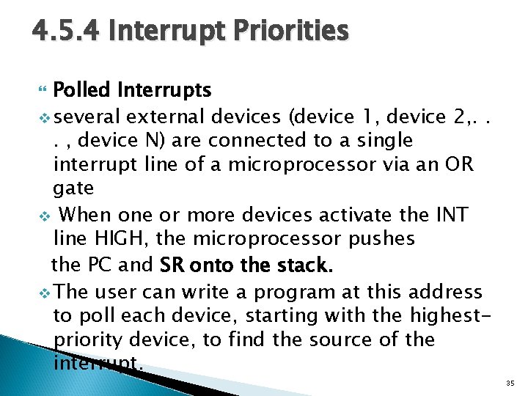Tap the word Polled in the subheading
click(82, 90)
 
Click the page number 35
click(510, 381)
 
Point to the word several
click(87, 116)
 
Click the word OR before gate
click(458, 165)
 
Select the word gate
click(74, 188)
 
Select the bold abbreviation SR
click(172, 264)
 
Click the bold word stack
click(305, 264)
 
